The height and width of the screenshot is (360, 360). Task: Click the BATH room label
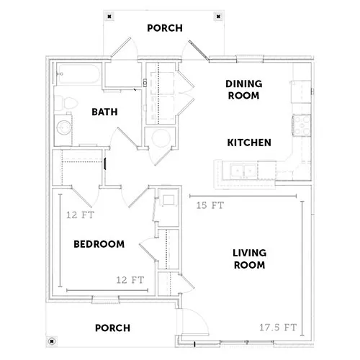[x=104, y=112]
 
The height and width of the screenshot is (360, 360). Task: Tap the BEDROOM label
[x=99, y=244]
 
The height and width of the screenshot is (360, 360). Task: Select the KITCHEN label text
[x=249, y=143]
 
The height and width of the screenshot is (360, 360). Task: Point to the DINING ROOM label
[x=243, y=90]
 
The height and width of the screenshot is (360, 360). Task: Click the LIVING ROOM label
[x=249, y=259]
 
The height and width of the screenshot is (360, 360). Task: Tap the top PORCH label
[x=165, y=28]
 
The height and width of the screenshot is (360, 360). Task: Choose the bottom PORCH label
[x=112, y=328]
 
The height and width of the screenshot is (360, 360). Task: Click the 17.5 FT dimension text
[x=278, y=328]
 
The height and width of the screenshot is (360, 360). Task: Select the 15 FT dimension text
[x=210, y=205]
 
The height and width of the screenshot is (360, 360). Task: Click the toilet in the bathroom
[x=66, y=103]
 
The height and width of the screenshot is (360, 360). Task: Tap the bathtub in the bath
[x=78, y=74]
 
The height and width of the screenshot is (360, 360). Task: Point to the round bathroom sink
[x=64, y=127]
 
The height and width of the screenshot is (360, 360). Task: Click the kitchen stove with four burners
[x=302, y=125]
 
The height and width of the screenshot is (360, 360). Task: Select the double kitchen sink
[x=243, y=171]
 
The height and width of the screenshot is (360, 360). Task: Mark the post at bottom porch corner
[x=52, y=341]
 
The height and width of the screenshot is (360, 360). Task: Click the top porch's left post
[x=109, y=17]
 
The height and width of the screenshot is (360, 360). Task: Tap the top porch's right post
[x=218, y=17]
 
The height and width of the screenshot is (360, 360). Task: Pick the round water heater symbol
[x=161, y=138]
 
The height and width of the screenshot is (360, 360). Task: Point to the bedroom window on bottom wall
[x=106, y=300]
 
